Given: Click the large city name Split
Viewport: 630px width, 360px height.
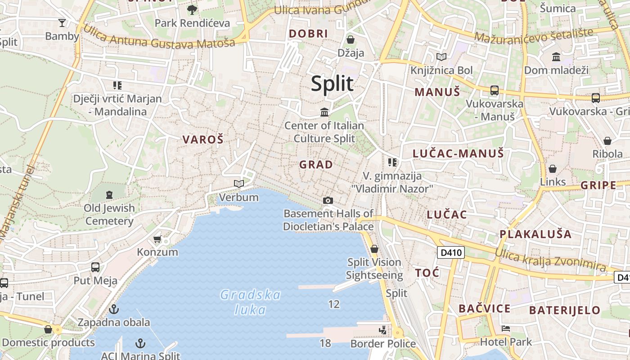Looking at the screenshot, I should (332, 84).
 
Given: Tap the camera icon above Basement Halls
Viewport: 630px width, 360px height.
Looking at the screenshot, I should (328, 200).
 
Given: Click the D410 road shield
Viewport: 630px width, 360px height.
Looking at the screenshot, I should (450, 252).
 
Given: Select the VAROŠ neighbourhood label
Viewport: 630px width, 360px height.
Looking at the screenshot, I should (203, 139).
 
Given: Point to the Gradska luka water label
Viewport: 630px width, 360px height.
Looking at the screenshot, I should (250, 302).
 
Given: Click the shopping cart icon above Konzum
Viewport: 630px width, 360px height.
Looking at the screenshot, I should (157, 239).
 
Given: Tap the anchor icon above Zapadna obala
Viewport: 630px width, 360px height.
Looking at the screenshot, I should (114, 309).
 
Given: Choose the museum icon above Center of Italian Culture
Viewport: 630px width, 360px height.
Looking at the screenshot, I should (324, 112).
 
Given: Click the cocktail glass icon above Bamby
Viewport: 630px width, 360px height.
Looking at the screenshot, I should (62, 23).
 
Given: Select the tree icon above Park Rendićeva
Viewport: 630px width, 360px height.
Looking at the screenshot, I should (192, 9).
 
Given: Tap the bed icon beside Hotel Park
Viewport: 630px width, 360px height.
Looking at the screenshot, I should (506, 328).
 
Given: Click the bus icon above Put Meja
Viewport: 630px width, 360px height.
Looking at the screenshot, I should (95, 267).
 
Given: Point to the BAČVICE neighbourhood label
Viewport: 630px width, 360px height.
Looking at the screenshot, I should (484, 309).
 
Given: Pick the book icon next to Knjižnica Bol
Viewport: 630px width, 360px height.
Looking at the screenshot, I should (441, 57).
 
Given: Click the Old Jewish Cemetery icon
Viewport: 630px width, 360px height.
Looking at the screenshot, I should (109, 195).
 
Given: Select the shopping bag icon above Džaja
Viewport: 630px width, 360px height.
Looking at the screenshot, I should (351, 40).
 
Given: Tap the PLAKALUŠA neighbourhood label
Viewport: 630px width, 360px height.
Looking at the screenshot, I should (535, 234).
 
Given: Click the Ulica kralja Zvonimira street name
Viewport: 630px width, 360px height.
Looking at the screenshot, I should (550, 260).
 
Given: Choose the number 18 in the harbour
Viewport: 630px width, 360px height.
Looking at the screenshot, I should (325, 343).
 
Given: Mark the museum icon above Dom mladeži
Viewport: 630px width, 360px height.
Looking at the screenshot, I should (556, 57).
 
